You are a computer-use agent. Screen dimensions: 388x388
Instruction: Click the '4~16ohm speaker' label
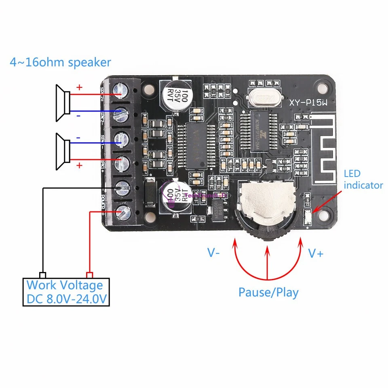[60, 63]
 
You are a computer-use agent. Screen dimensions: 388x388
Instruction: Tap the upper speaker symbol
[63, 103]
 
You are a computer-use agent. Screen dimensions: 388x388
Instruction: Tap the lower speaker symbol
[63, 151]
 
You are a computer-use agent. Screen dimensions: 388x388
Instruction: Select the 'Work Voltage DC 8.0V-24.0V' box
[67, 292]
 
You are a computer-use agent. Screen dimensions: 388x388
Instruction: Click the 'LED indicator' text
[363, 179]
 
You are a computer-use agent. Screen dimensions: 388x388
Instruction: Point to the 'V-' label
[214, 253]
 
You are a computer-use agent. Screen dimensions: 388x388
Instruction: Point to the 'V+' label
[316, 253]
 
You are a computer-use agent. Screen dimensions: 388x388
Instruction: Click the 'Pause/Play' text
[268, 292]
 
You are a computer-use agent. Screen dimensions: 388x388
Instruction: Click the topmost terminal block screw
[120, 90]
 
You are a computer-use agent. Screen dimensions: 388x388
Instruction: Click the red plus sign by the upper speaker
[79, 87]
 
